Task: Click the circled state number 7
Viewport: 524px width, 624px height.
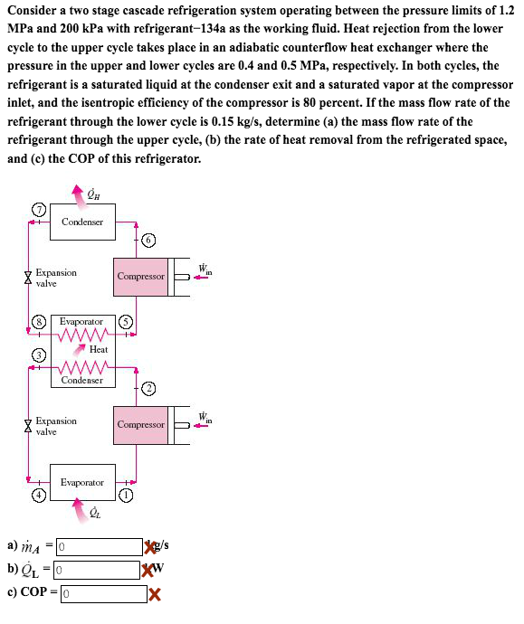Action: click(37, 208)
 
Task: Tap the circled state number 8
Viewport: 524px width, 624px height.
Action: click(38, 321)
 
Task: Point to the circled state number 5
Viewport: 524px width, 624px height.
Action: click(127, 321)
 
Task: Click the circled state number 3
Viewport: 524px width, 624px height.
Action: click(38, 355)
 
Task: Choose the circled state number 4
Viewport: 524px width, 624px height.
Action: click(38, 496)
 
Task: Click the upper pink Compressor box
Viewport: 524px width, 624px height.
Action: click(141, 276)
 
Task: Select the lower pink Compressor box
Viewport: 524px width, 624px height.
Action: click(141, 424)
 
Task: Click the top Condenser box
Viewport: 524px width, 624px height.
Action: click(82, 222)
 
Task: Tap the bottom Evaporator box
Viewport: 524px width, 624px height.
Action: click(82, 482)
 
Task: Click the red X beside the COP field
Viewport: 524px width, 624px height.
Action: click(155, 594)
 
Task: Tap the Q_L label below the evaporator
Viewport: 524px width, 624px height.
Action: click(94, 513)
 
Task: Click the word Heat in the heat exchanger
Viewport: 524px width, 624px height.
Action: click(99, 349)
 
